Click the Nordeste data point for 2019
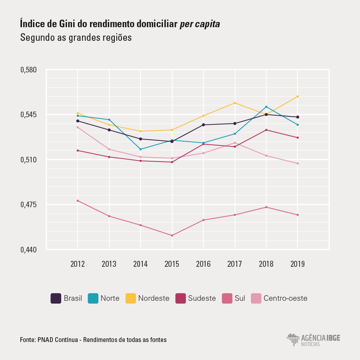pyautogui.click(x=298, y=96)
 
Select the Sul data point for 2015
pyautogui.click(x=172, y=235)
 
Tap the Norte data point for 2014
pyautogui.click(x=140, y=149)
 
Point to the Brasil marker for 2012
pyautogui.click(x=78, y=121)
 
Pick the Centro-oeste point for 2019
pyautogui.click(x=298, y=163)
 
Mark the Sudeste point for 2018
pyautogui.click(x=266, y=130)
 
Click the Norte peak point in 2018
pyautogui.click(x=266, y=107)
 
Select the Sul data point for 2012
pyautogui.click(x=78, y=200)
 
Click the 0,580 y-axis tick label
pyautogui.click(x=28, y=70)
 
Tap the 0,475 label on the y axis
pyautogui.click(x=28, y=205)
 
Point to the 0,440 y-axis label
pyautogui.click(x=28, y=250)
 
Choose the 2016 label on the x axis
pyautogui.click(x=203, y=264)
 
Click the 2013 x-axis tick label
pyautogui.click(x=109, y=264)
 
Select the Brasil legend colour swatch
pyautogui.click(x=56, y=298)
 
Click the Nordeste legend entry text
pyautogui.click(x=154, y=298)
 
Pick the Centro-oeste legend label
pyautogui.click(x=285, y=298)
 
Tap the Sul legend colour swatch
pyautogui.click(x=227, y=298)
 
